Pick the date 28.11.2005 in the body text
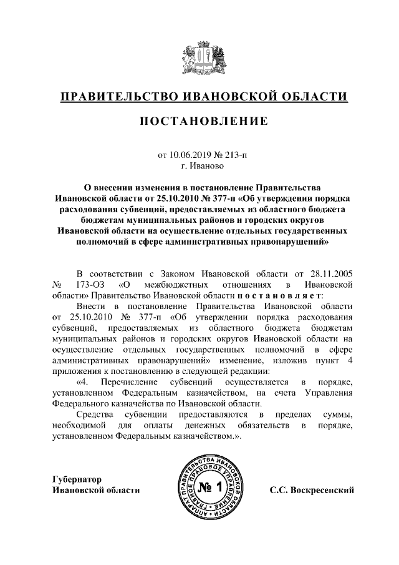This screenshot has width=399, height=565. [331, 273]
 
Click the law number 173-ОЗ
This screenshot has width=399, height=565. [92, 284]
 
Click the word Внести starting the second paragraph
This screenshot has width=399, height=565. [91, 306]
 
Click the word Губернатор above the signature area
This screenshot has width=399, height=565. [75, 479]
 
